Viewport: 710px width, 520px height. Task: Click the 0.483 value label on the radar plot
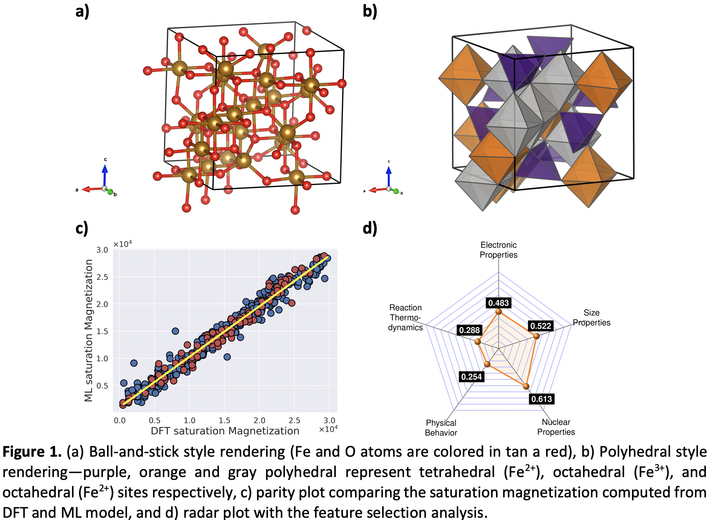pyautogui.click(x=498, y=303)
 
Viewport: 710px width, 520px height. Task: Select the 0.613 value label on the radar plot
pyautogui.click(x=542, y=399)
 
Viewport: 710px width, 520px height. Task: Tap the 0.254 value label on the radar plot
pyautogui.click(x=471, y=376)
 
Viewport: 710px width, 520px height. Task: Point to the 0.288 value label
pyautogui.click(x=469, y=330)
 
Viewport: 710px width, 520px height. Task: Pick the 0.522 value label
pyautogui.click(x=540, y=326)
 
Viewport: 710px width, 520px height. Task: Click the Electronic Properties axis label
pyautogui.click(x=498, y=250)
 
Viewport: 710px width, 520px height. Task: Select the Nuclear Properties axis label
pyautogui.click(x=556, y=427)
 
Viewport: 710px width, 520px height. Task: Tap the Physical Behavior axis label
pyautogui.click(x=441, y=428)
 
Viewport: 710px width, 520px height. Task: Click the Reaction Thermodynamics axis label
pyautogui.click(x=405, y=317)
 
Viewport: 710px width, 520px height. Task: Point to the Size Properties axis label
pyautogui.click(x=591, y=317)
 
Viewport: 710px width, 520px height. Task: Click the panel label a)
pyautogui.click(x=82, y=11)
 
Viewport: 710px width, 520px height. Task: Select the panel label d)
pyautogui.click(x=370, y=228)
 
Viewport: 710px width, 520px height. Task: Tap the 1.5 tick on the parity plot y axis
pyautogui.click(x=102, y=331)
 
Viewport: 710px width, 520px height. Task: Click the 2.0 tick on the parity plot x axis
pyautogui.click(x=259, y=421)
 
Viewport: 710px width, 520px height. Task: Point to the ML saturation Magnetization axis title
pyautogui.click(x=89, y=330)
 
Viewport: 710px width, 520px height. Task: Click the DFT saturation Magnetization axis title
pyautogui.click(x=225, y=431)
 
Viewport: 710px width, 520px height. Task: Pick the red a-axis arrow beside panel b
pyautogui.click(x=377, y=190)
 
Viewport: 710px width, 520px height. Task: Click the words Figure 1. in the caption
pyautogui.click(x=32, y=451)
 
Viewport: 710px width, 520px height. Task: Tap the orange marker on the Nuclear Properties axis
pyautogui.click(x=526, y=386)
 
